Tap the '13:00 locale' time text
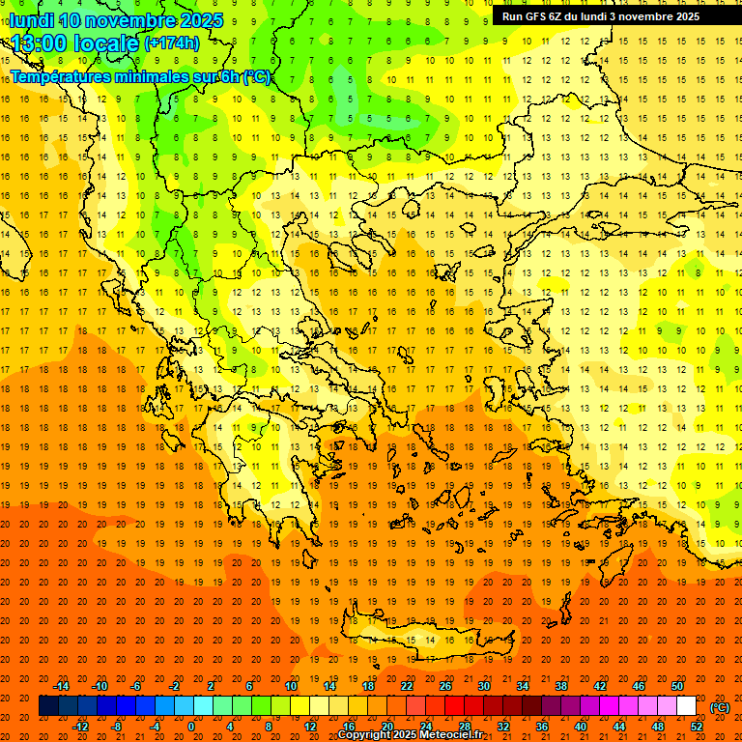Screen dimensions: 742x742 pos(75,43)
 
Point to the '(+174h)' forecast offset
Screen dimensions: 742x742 pos(172,43)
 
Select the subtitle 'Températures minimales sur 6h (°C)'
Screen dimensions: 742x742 pos(141,76)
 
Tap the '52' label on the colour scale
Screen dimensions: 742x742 pos(697,726)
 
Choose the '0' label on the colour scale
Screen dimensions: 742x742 pos(191,726)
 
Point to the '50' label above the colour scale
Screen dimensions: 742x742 pos(677,686)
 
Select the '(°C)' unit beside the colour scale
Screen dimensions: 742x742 pos(719,707)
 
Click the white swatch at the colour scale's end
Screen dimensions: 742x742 pos(686,706)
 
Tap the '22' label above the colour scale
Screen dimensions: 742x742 pos(407,686)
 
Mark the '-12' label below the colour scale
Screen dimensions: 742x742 pos(80,726)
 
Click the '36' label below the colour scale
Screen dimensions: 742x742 pos(542,726)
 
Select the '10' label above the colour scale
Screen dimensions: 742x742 pos(290,686)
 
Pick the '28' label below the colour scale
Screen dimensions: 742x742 pos(464,726)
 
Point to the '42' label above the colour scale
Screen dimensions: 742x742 pos(600,686)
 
